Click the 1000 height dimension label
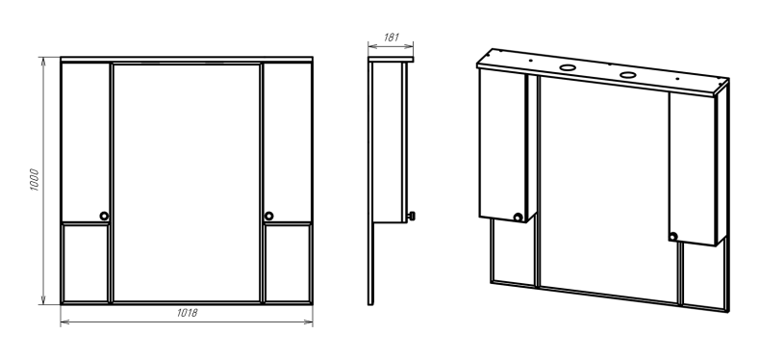click(x=35, y=179)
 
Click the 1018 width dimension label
click(x=187, y=313)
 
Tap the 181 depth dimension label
click(x=392, y=38)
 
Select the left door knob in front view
click(x=104, y=216)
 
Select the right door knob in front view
click(x=269, y=216)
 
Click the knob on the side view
click(x=412, y=216)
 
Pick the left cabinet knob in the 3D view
click(x=518, y=218)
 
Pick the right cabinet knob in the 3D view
click(x=672, y=237)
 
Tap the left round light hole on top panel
click(x=567, y=68)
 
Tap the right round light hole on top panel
click(x=628, y=75)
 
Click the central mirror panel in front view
click(x=187, y=183)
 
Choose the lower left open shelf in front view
click(x=86, y=263)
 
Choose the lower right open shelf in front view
click(x=288, y=263)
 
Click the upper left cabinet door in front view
click(x=86, y=142)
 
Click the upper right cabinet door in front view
click(x=288, y=142)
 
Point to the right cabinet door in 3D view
click(x=692, y=168)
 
